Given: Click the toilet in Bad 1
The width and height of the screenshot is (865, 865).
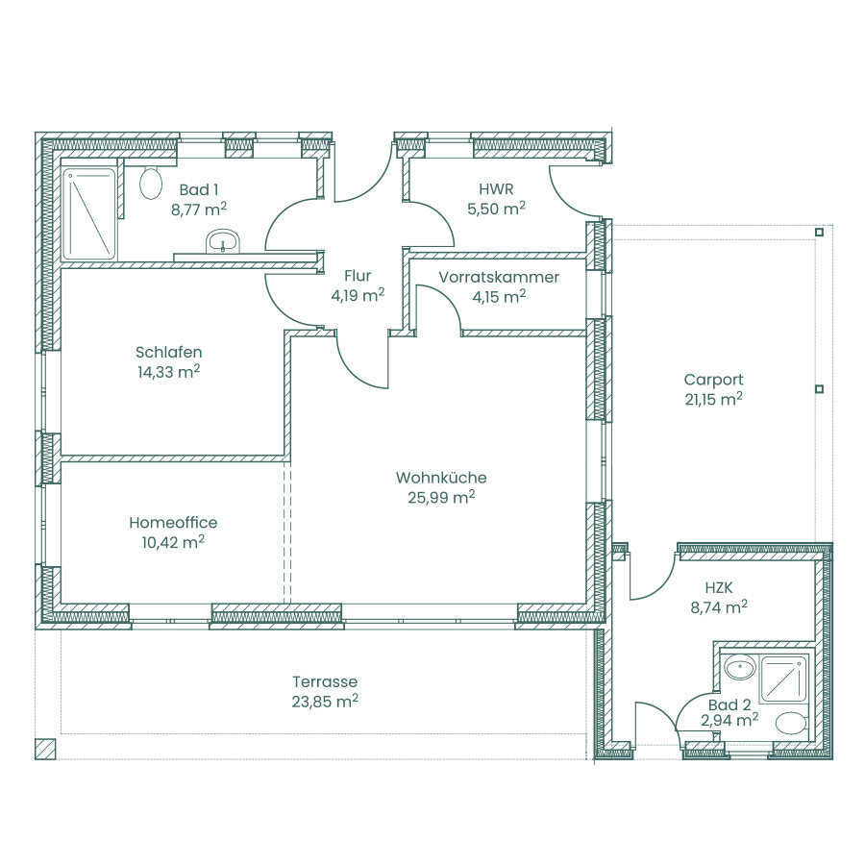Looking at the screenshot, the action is pos(151,184).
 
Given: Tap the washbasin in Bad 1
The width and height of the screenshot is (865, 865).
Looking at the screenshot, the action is pos(223,241).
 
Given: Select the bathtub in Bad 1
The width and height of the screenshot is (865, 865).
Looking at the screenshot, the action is pos(89,214).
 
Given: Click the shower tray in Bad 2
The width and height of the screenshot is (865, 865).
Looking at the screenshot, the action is pos(783,679).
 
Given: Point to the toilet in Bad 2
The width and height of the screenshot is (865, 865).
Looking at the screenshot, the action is pos(791,724).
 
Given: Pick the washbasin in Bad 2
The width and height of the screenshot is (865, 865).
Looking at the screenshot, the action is pos(740,668).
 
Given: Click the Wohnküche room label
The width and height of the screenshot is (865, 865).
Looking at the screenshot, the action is pos(441,478).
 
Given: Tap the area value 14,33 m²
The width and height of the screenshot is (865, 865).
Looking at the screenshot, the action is pos(169,372).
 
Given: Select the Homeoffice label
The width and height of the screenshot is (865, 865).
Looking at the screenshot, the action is pos(173,523).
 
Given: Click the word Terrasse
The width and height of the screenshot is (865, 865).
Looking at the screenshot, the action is pos(325,681).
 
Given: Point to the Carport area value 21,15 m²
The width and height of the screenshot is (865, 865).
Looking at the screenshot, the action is pos(714,399).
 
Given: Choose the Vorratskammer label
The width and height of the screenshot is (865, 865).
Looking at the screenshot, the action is pos(499,277).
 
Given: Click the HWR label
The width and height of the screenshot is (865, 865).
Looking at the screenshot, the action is pos(497,189).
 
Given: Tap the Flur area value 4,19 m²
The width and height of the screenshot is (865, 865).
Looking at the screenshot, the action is pos(358,295).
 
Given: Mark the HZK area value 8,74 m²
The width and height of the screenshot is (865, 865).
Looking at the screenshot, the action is pos(719,607).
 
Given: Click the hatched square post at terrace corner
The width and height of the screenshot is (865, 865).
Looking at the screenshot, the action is pos(45,749).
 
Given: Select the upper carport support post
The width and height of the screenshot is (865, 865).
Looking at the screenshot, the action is pos(819,233).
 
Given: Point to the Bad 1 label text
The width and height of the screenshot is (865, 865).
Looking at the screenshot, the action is pos(199,189).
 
